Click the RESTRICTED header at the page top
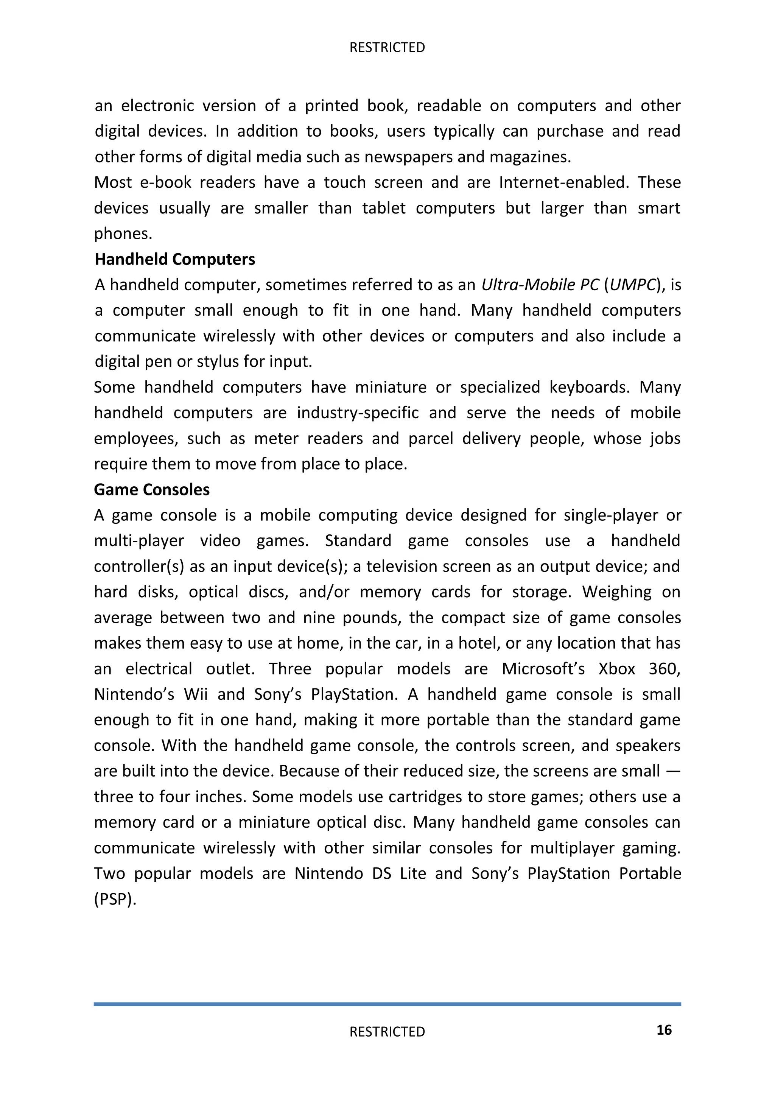(x=387, y=47)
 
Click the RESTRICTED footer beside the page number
(x=387, y=1032)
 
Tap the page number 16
(x=664, y=1030)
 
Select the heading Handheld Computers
(x=175, y=259)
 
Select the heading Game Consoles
(x=152, y=489)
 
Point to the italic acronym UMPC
(x=633, y=285)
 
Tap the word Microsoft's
(x=543, y=668)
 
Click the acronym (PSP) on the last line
(x=115, y=899)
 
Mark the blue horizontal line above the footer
(x=387, y=1004)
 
